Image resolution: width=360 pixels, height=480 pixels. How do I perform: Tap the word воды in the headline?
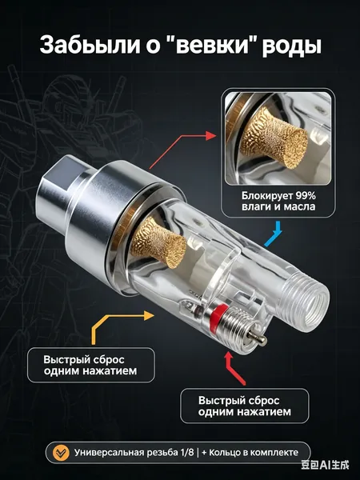[292, 46]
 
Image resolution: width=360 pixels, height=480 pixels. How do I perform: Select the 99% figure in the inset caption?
[306, 195]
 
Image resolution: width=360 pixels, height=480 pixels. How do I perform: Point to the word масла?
[299, 206]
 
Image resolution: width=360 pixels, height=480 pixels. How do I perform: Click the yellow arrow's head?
[149, 315]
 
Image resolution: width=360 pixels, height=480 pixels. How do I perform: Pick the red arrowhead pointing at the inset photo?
[211, 136]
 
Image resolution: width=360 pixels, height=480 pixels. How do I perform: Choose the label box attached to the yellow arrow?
[91, 365]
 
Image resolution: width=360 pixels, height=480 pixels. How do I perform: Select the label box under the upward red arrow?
[244, 406]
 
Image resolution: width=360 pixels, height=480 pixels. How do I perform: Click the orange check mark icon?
[61, 453]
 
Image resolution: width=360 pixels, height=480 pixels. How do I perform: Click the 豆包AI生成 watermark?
[325, 466]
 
